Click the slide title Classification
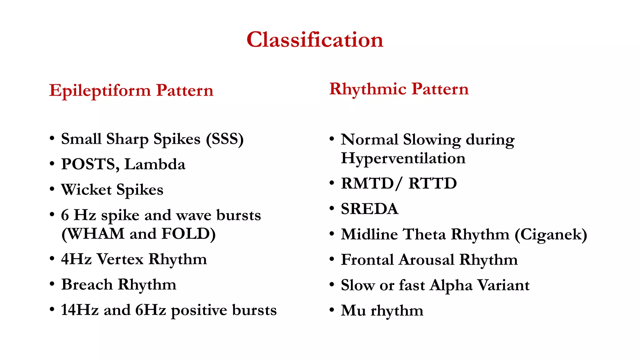click(315, 40)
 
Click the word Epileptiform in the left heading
click(100, 91)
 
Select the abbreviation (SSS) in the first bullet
click(225, 139)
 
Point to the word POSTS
click(90, 164)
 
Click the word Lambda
click(155, 164)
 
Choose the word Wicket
click(86, 190)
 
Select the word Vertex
click(120, 259)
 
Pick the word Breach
click(87, 285)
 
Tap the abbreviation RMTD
click(367, 183)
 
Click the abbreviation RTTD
click(432, 183)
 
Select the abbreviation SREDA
click(369, 209)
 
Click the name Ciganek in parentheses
click(551, 234)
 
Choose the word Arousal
click(427, 260)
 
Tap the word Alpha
click(451, 285)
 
